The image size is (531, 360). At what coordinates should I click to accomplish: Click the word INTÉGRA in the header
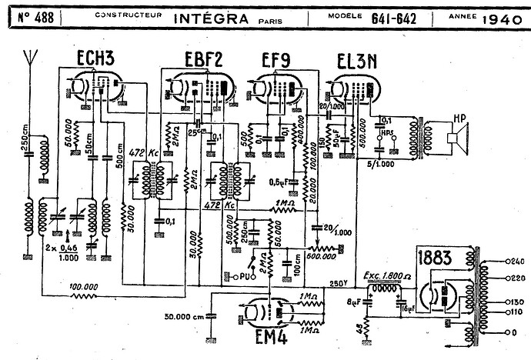(221, 17)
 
